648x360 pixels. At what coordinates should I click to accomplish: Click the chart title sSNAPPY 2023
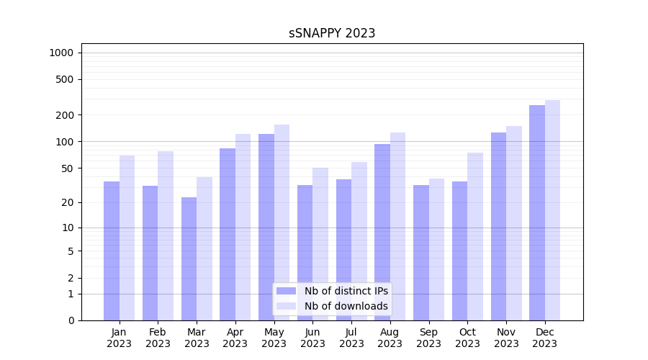coord(332,33)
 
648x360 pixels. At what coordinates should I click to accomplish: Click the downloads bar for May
coord(282,222)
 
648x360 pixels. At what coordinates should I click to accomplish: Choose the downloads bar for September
coord(436,249)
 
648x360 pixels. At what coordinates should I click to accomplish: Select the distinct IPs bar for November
coord(498,226)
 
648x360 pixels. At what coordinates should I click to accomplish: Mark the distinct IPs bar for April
coord(228,234)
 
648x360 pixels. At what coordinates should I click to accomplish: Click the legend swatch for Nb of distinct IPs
coord(287,291)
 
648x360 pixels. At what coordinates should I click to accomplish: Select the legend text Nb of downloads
coord(346,306)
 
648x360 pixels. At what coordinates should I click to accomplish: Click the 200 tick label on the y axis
coord(65,115)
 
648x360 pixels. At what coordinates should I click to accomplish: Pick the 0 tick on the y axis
coord(71,320)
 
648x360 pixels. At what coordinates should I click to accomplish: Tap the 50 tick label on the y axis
coord(68,168)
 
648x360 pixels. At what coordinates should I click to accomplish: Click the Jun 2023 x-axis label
coord(312,338)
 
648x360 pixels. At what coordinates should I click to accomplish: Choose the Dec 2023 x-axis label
coord(544,338)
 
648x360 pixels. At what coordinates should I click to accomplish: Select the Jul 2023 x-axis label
coord(351,338)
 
